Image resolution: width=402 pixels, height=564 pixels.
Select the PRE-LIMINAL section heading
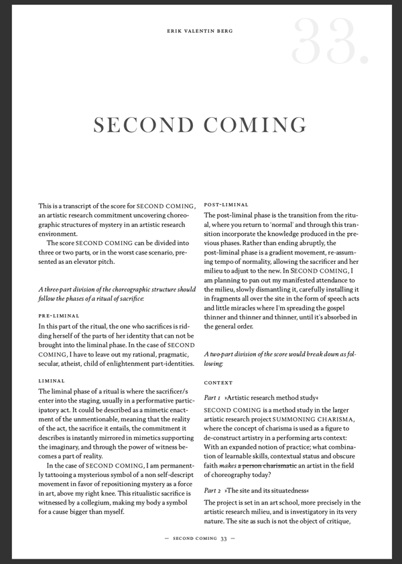coord(59,315)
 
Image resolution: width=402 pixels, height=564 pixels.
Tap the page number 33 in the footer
coord(224,538)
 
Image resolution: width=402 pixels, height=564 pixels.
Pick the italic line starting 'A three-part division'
coord(117,289)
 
